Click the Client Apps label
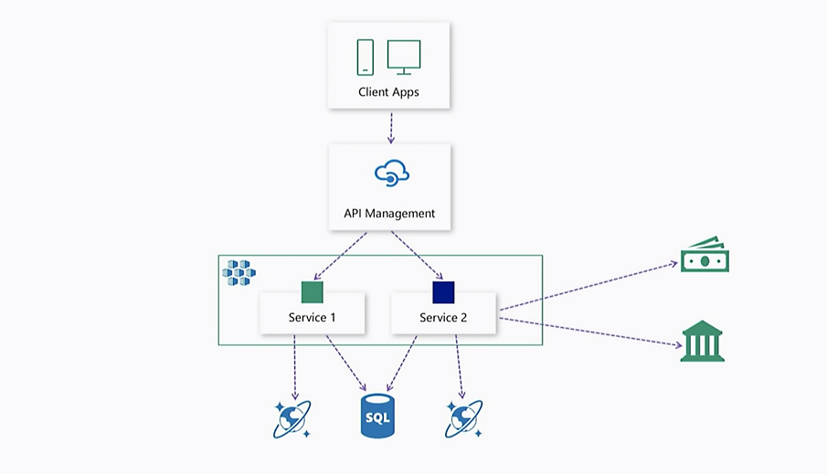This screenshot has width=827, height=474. click(390, 92)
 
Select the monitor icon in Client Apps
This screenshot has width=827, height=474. click(404, 56)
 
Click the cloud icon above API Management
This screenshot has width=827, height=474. click(390, 173)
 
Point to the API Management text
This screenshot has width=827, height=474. click(389, 214)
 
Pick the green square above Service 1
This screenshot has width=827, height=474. click(313, 292)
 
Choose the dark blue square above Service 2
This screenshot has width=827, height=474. click(443, 292)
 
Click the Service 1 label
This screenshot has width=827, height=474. click(313, 318)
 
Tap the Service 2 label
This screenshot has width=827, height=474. click(443, 318)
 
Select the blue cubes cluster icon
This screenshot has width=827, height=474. click(239, 271)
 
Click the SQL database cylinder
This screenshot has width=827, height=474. click(376, 416)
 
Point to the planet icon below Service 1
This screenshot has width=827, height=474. click(293, 417)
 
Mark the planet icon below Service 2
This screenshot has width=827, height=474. click(463, 417)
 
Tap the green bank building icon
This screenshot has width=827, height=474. click(702, 341)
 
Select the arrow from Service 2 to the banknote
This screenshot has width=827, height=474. click(589, 286)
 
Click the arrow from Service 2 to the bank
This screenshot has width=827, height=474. click(589, 332)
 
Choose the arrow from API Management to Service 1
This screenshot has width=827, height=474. click(340, 256)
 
